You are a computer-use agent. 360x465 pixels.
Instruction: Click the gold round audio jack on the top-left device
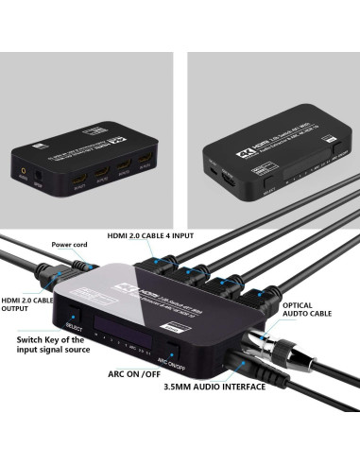point(24,172)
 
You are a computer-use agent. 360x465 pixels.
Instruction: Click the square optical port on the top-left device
point(40,172)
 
